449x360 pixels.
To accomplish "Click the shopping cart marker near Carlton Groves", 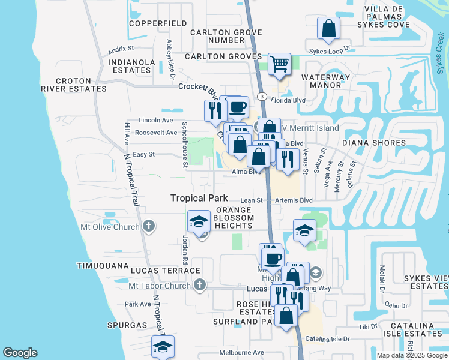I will [279, 63].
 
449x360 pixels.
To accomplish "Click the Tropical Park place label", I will [199, 198].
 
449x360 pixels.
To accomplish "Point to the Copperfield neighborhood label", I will [158, 23].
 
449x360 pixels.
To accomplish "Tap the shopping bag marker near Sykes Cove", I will [329, 28].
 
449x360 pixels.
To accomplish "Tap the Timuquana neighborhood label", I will [103, 265].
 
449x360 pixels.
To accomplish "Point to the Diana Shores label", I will [367, 143].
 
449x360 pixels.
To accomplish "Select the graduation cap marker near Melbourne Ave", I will [162, 347].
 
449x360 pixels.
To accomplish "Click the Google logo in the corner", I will [20, 353].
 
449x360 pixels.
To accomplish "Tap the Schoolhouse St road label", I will [185, 146].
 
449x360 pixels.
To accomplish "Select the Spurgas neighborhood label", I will [128, 325].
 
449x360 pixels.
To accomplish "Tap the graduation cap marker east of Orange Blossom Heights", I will [304, 230].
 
